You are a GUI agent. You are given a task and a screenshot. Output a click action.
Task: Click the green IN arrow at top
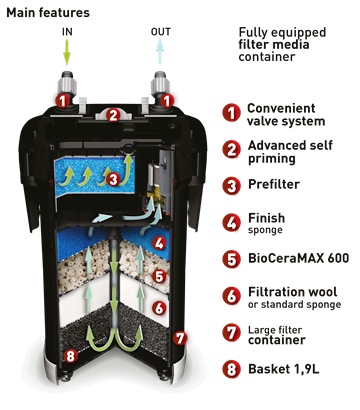click(x=67, y=52)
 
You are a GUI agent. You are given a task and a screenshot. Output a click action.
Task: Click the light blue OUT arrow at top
click(x=160, y=51)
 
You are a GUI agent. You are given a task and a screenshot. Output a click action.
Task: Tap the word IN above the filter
click(x=67, y=32)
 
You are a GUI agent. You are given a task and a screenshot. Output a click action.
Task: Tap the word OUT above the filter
click(x=161, y=32)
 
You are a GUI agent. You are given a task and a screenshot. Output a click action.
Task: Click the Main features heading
click(x=48, y=13)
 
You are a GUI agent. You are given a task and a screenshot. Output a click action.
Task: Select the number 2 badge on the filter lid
click(x=114, y=115)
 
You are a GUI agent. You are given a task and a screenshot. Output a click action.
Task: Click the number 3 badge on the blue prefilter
click(x=114, y=179)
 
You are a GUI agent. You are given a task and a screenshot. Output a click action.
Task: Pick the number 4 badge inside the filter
click(x=159, y=243)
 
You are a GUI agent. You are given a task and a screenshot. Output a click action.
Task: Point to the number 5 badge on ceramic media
click(x=159, y=276)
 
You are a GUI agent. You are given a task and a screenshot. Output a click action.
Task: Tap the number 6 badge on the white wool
click(x=159, y=308)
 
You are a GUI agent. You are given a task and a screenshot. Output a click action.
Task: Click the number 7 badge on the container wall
click(x=180, y=338)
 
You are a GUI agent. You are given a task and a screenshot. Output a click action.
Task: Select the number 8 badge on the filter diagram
click(x=70, y=356)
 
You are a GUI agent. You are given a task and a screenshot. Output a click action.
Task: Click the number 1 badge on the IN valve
click(x=63, y=101)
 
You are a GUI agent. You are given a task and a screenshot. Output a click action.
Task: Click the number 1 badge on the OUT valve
click(x=166, y=101)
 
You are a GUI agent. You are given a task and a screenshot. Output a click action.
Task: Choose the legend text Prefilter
click(x=274, y=184)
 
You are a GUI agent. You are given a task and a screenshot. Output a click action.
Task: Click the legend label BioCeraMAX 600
click(x=299, y=258)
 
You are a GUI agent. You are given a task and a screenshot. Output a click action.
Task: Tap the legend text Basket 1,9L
click(x=284, y=369)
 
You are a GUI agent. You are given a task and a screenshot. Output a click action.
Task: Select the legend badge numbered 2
click(x=232, y=149)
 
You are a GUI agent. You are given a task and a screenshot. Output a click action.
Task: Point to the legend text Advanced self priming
click(x=290, y=152)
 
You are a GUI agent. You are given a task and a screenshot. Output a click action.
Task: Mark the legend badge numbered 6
click(x=232, y=296)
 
